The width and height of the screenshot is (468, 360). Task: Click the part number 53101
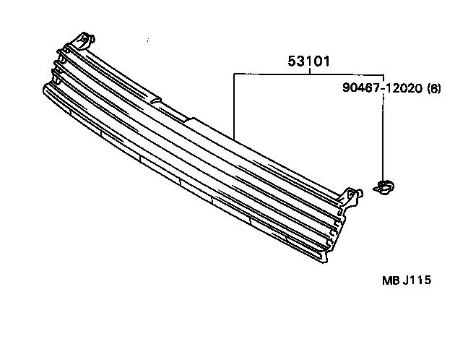pyautogui.click(x=309, y=62)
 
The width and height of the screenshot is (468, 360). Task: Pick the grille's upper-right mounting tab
pyautogui.click(x=351, y=195)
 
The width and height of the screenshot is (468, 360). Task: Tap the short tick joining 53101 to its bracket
pyautogui.click(x=309, y=69)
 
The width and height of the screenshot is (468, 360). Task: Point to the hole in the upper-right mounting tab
pyautogui.click(x=352, y=192)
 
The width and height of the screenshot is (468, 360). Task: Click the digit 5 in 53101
pyautogui.click(x=293, y=62)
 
